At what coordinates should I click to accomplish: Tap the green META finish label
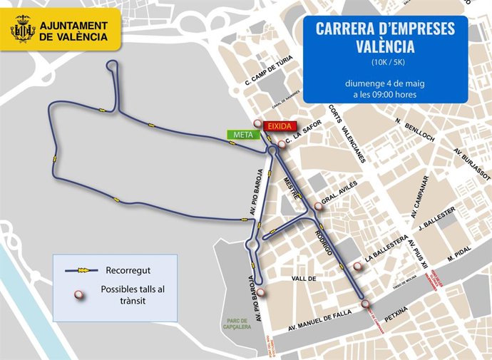coord(239,134)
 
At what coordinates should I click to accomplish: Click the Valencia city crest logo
coord(23,31)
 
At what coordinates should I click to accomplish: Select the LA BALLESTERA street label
coord(386,249)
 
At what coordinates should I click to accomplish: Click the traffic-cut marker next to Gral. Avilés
coord(318,207)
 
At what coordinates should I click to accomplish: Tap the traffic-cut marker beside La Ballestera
coord(357,267)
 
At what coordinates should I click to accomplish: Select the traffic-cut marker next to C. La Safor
coord(282,144)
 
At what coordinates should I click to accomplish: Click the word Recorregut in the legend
coord(125,271)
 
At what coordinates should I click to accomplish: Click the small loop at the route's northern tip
coord(113,66)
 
